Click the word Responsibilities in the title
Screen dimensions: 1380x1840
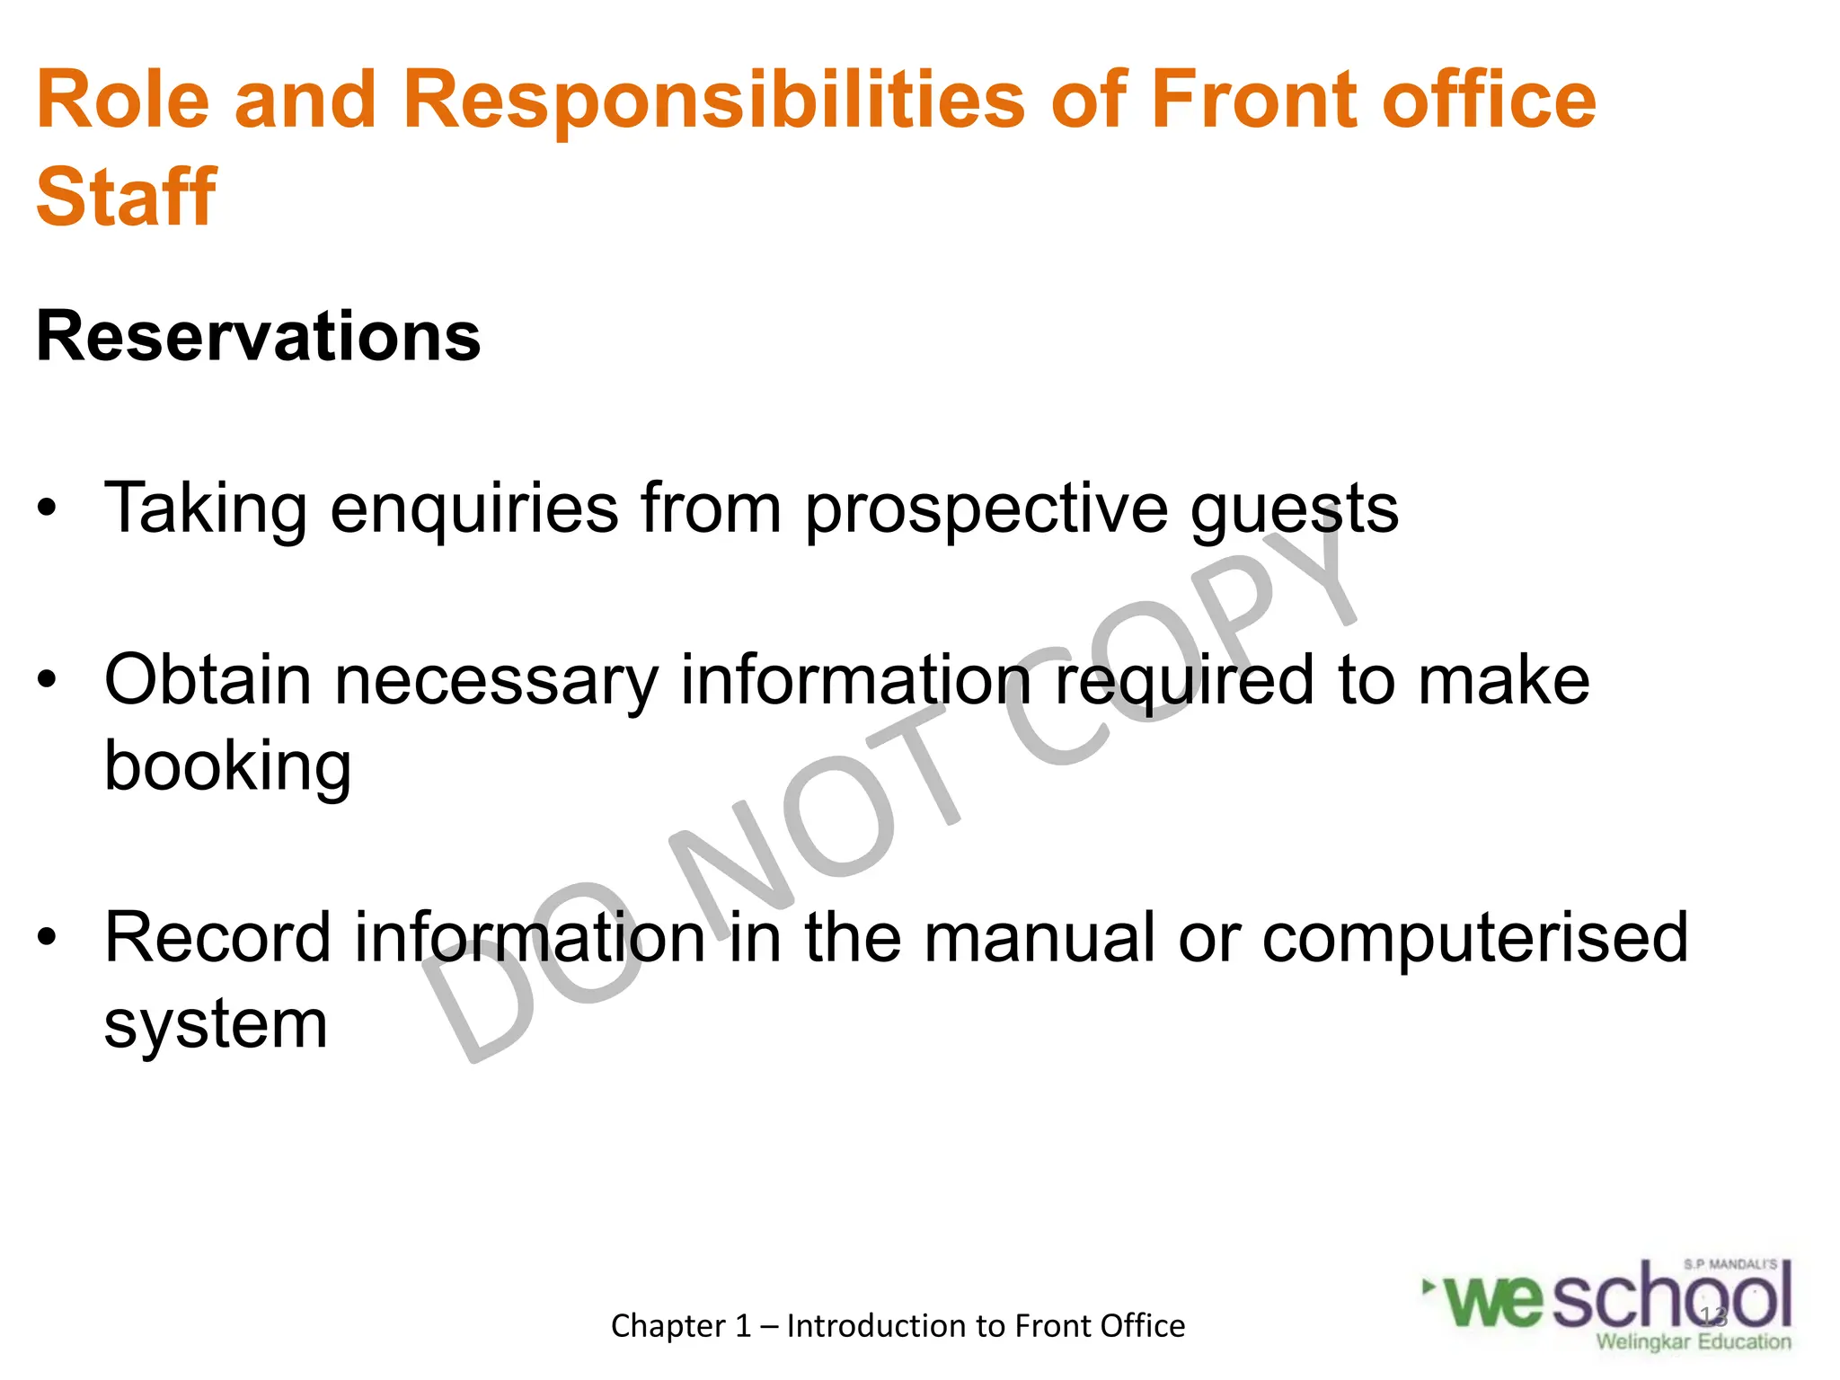coord(713,101)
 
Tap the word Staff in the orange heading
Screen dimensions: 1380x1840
coord(126,198)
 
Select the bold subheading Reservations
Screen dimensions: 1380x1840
coord(258,337)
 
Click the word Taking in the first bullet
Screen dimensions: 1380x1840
coord(206,509)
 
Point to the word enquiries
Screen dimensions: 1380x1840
coord(473,509)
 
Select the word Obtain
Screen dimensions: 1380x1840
coord(208,680)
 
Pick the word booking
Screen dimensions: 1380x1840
coord(227,766)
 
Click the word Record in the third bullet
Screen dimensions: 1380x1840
coord(217,938)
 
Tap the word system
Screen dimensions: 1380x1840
coord(216,1025)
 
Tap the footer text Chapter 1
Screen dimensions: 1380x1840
coord(680,1326)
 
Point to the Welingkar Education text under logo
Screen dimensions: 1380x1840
coord(1693,1342)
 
